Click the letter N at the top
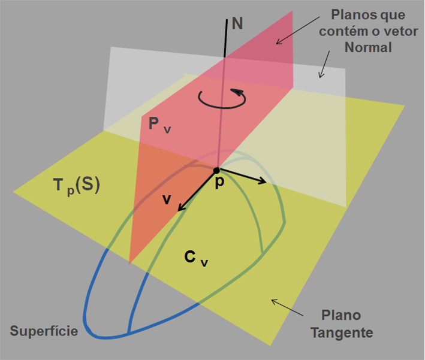click(x=237, y=25)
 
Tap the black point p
click(x=216, y=171)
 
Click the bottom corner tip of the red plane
click(x=129, y=262)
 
